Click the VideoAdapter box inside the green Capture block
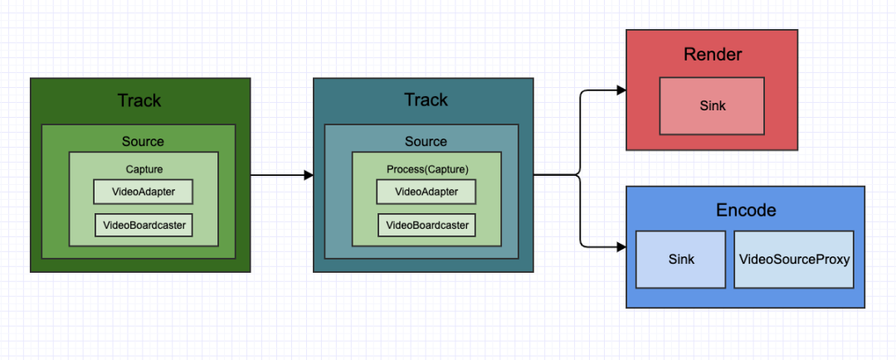[x=143, y=192]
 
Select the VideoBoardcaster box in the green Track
[x=144, y=225]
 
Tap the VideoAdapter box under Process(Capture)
[x=426, y=192]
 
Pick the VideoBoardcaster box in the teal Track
[x=427, y=225]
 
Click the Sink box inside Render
[x=712, y=106]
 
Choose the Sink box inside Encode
[x=681, y=260]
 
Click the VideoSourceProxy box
[x=794, y=260]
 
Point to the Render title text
[x=712, y=56]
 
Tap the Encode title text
[x=746, y=210]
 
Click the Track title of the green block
[x=139, y=100]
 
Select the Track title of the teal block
[x=426, y=100]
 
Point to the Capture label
[x=144, y=169]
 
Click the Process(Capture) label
[x=427, y=169]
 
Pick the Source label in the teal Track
[x=426, y=142]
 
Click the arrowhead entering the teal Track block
[x=309, y=175]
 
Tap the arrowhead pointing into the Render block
[x=621, y=90]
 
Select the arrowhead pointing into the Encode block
[x=621, y=246]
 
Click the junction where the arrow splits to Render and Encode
[x=579, y=175]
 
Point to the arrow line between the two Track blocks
[x=278, y=175]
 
